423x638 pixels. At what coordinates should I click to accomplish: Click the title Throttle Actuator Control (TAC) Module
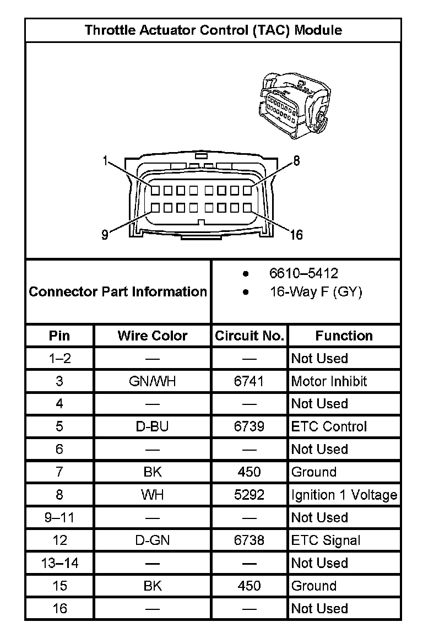[213, 30]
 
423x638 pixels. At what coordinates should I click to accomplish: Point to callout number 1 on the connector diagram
[105, 161]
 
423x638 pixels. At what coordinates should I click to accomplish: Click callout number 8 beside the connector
[296, 160]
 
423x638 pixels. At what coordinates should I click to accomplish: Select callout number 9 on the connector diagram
[105, 235]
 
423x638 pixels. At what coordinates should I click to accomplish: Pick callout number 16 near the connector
[296, 235]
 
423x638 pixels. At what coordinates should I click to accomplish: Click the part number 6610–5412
[303, 273]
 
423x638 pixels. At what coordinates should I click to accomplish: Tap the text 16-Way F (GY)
[316, 292]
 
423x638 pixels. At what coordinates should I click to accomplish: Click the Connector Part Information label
[118, 291]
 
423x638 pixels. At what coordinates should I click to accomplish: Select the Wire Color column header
[153, 336]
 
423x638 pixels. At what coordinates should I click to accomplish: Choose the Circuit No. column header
[250, 336]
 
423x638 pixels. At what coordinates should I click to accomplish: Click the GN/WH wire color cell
[153, 381]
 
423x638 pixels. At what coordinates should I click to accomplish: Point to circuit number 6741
[249, 381]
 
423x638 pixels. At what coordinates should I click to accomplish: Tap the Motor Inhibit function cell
[329, 381]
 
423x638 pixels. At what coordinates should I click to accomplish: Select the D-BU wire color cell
[153, 426]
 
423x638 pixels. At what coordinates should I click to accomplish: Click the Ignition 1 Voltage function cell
[344, 495]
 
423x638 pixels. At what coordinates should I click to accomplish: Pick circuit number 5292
[249, 495]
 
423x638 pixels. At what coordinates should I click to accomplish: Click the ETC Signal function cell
[326, 540]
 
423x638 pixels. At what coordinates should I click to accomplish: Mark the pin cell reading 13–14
[59, 563]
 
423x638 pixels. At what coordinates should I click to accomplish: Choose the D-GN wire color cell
[153, 540]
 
